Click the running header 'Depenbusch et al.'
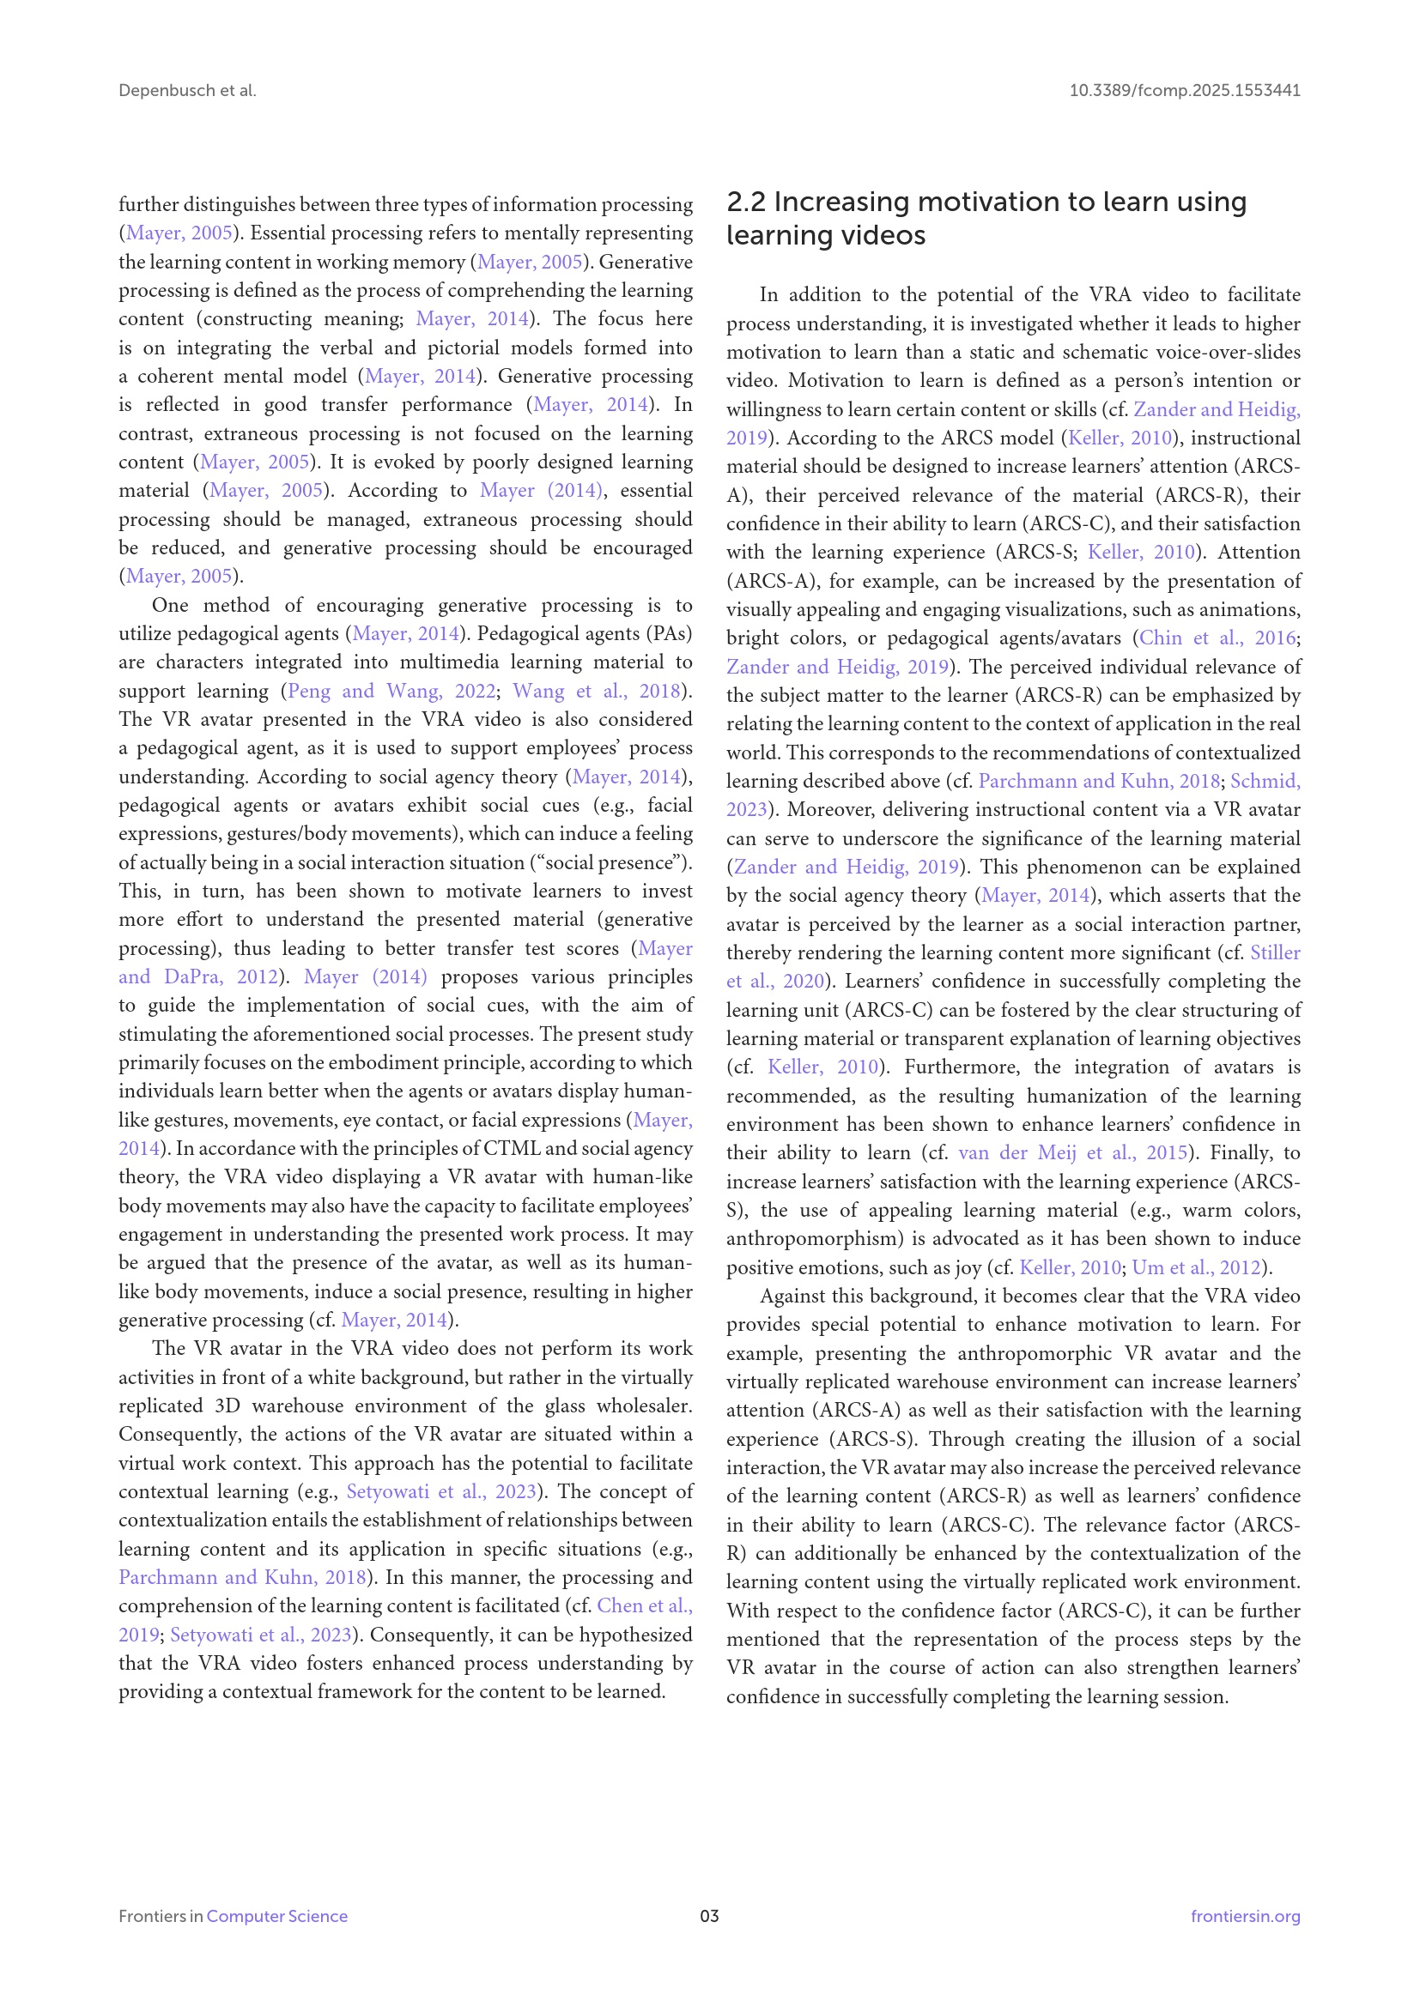(x=187, y=90)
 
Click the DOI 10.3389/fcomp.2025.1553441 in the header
(x=1184, y=90)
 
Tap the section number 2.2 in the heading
(x=745, y=202)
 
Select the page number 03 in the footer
(x=709, y=1916)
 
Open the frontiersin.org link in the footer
(x=1245, y=1916)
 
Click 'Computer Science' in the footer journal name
(x=276, y=1916)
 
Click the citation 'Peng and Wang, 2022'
(x=391, y=691)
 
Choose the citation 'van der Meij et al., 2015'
(x=1073, y=1152)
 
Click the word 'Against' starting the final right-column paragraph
(x=792, y=1296)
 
